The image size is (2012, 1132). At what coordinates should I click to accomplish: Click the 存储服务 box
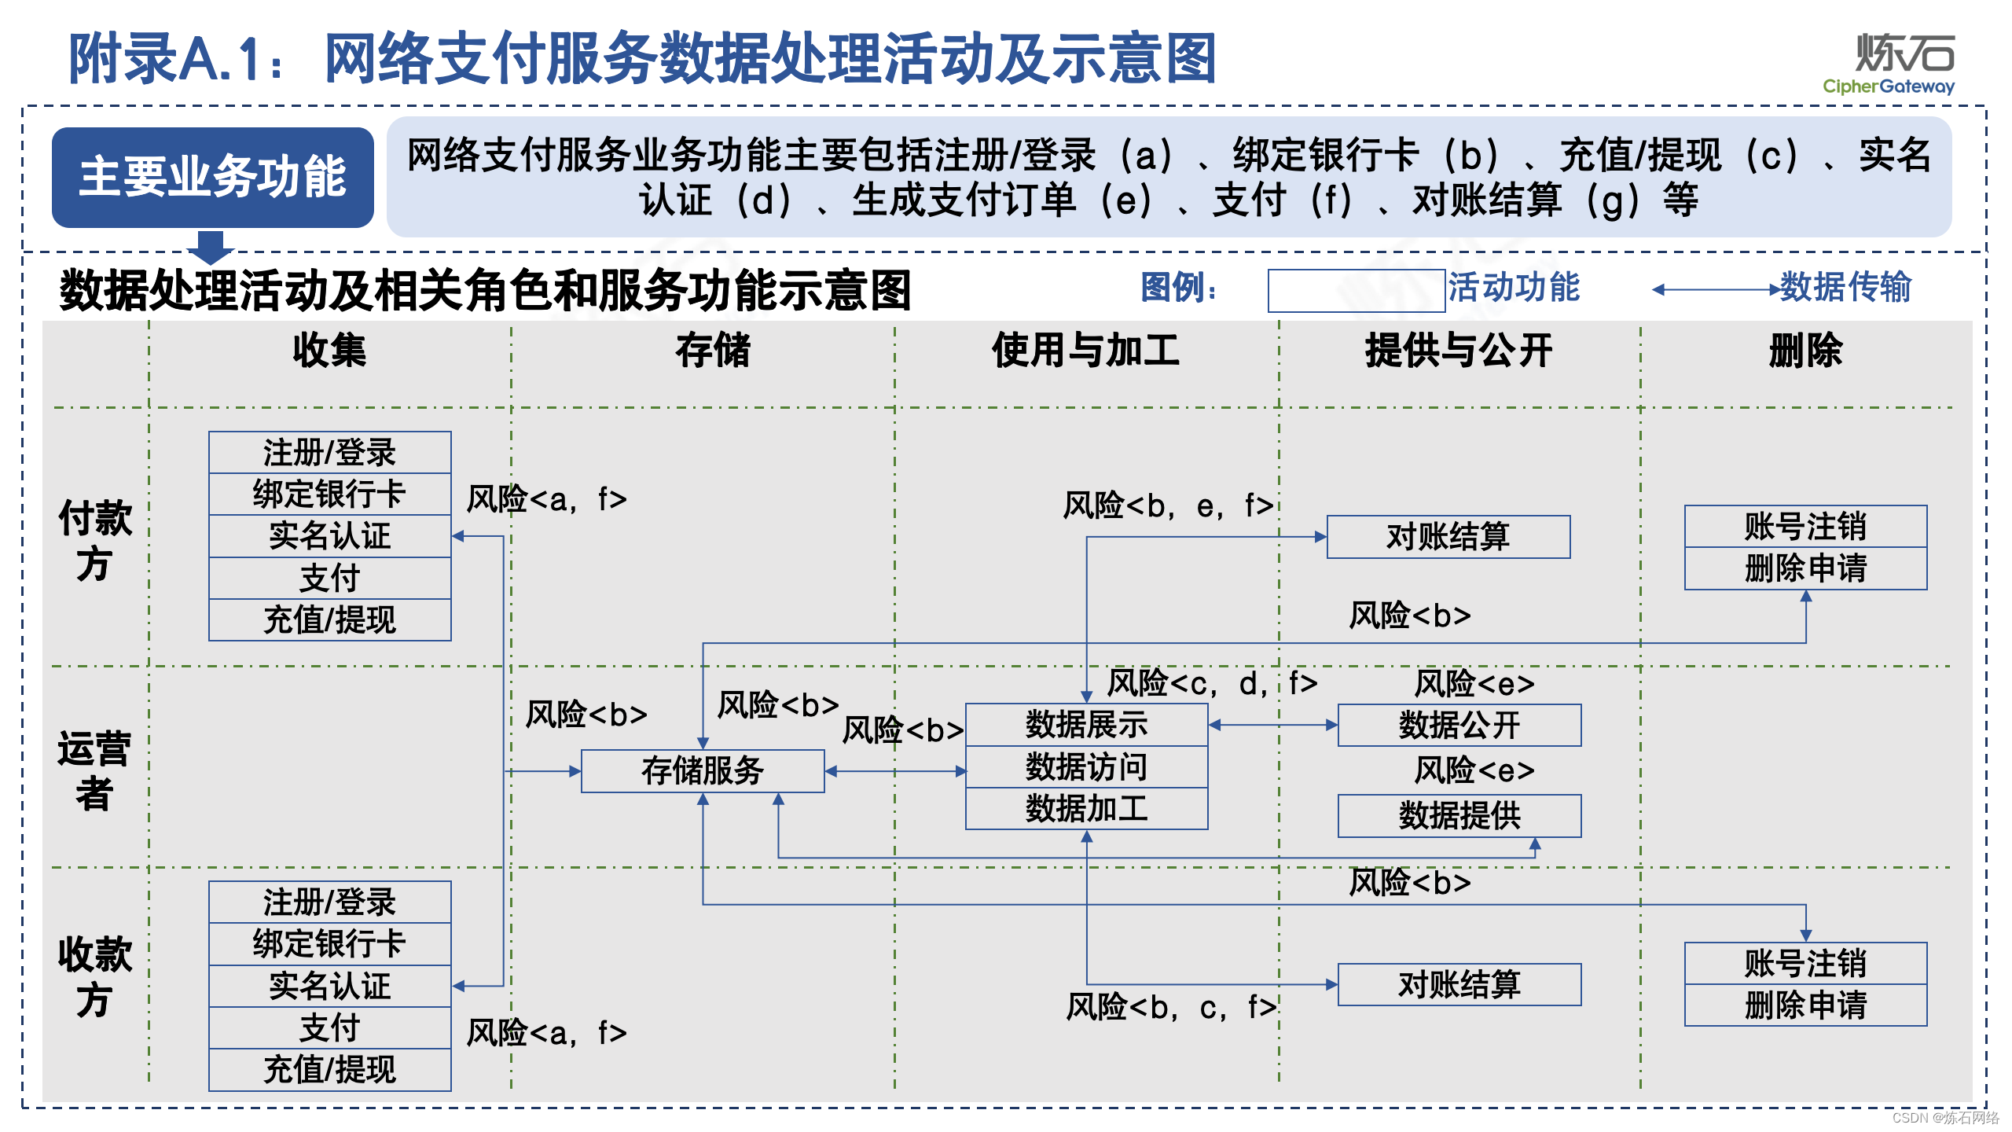703,770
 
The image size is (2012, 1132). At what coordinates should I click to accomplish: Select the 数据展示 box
1086,725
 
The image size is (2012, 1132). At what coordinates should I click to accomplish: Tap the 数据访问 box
1086,766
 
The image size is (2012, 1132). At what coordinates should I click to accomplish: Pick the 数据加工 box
1086,808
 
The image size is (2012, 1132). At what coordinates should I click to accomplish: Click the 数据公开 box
1459,725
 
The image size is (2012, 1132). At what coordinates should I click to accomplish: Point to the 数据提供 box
1459,815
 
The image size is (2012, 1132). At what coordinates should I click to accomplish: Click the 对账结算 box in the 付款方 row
1448,537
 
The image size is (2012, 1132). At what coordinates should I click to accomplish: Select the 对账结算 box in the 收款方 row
1459,984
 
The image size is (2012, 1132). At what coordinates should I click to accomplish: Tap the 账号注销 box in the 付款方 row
1805,527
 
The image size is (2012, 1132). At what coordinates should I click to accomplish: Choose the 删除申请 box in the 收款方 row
1805,1005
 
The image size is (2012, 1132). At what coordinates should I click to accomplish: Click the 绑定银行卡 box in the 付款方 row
329,494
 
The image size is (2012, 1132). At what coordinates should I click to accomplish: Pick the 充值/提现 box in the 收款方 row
329,1070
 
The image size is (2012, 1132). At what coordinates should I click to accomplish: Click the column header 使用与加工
1085,351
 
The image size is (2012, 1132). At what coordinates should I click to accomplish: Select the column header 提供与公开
1459,351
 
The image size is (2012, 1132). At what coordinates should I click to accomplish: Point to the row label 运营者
94,770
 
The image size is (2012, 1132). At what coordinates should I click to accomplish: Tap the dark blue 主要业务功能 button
212,177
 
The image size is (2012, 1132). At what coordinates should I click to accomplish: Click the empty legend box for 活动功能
1356,290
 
